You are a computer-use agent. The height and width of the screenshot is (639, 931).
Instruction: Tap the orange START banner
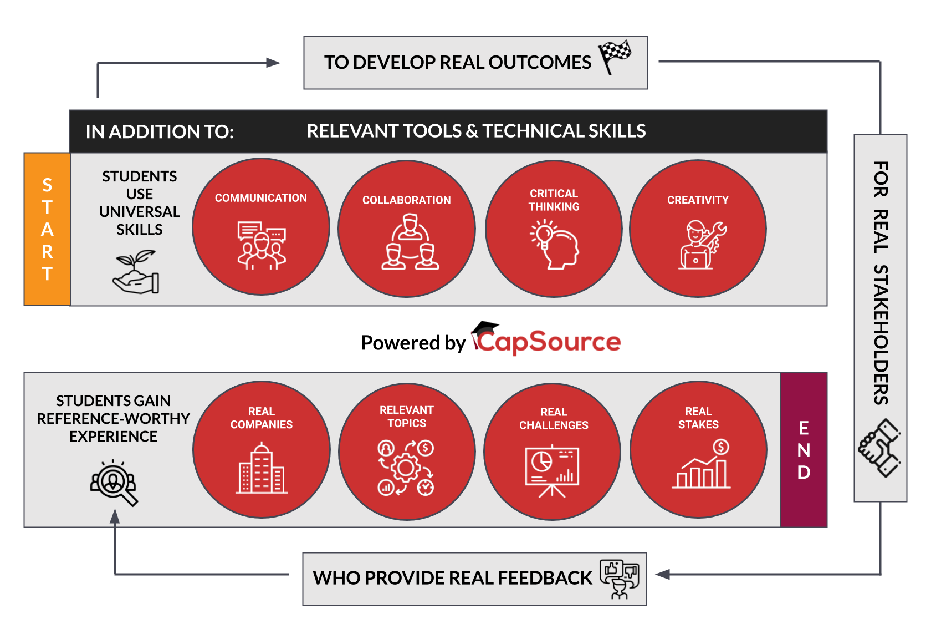[47, 229]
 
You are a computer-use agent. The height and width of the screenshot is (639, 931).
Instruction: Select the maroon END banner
[804, 450]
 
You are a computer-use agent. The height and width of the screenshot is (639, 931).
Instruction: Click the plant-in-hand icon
[136, 272]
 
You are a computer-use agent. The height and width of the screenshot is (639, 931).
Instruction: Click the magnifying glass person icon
[114, 483]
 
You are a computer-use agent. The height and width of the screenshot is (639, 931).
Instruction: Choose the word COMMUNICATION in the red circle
[261, 198]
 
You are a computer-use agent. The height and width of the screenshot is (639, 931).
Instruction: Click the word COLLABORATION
[407, 200]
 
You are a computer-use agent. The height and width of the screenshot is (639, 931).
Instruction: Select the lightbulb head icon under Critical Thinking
[554, 245]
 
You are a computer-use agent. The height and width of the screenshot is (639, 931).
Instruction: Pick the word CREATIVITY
[698, 200]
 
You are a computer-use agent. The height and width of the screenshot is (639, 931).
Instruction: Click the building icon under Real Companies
[262, 468]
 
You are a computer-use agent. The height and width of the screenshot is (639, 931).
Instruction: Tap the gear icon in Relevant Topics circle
[406, 468]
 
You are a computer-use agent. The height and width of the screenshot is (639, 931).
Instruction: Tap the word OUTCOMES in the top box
[540, 62]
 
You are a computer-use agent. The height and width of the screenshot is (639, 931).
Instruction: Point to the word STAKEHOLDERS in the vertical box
[880, 334]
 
